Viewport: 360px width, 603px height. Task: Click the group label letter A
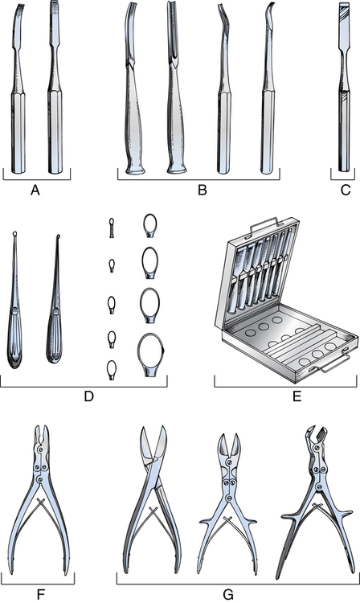point(35,190)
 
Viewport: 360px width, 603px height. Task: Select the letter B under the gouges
point(202,190)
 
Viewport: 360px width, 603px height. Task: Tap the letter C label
point(346,190)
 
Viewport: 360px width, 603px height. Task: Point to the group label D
point(88,396)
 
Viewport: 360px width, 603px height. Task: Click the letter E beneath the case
point(297,396)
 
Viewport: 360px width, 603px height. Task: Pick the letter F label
point(40,594)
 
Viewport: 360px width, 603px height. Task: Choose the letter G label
point(228,594)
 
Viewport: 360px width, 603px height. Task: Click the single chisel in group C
point(344,87)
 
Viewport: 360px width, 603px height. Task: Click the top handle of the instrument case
point(264,224)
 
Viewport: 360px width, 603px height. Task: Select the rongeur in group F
point(40,499)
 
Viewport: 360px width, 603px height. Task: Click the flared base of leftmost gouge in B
point(135,169)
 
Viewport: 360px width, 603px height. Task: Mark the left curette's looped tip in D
point(14,233)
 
